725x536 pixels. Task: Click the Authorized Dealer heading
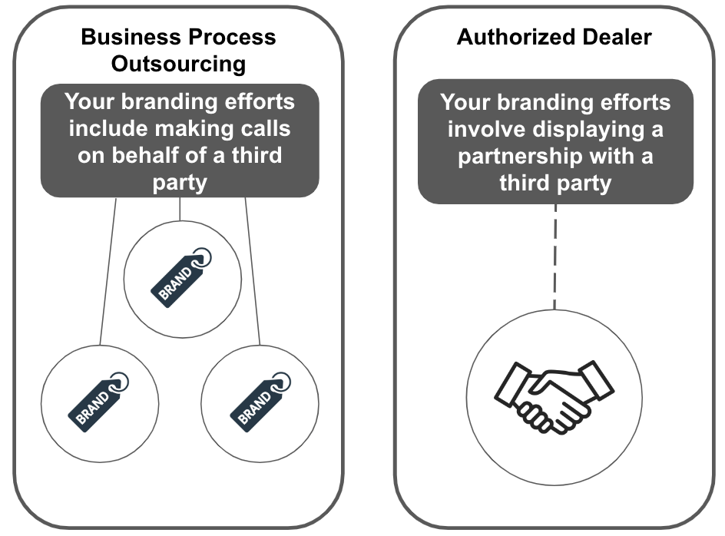pos(554,37)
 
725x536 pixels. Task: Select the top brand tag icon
pos(183,276)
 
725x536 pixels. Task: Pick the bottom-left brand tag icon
pos(100,399)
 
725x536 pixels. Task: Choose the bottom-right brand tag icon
pos(260,399)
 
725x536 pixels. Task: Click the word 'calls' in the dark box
pos(265,128)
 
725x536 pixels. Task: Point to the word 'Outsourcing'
pos(178,63)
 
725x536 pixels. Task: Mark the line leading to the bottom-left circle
pos(108,269)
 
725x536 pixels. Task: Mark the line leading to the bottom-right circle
pos(253,269)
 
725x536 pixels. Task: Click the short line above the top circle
pos(180,209)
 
